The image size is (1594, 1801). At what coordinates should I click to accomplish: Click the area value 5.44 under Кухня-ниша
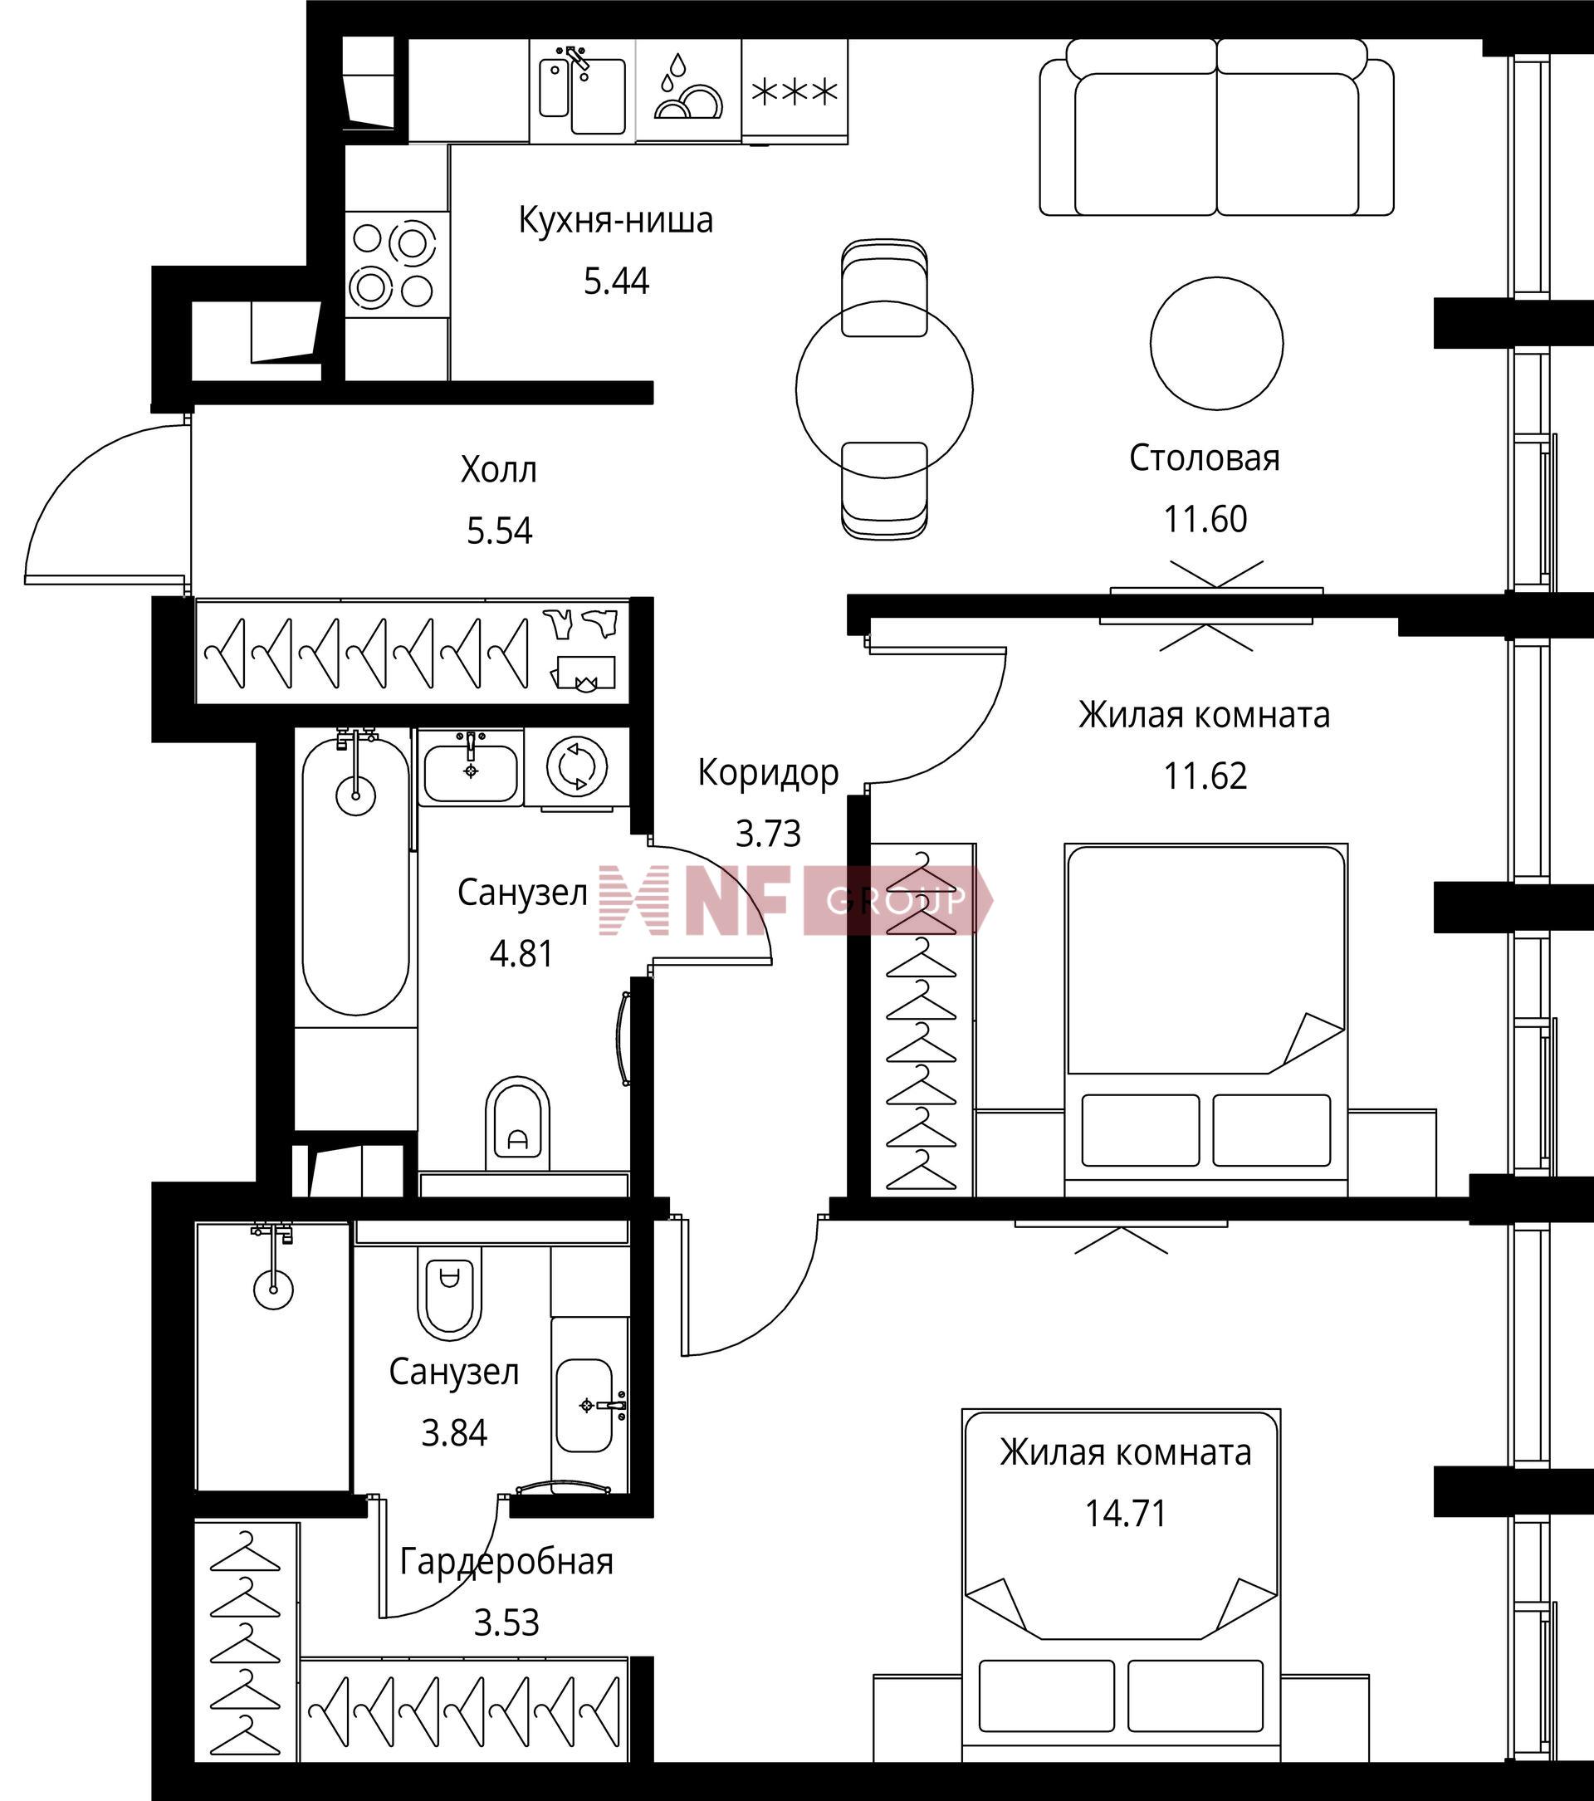point(616,281)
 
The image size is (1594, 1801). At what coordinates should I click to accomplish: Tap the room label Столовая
point(1205,458)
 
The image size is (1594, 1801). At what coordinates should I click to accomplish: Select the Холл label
point(499,470)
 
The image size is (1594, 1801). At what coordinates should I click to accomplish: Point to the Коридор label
point(769,773)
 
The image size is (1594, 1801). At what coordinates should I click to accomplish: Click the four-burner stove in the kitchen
point(397,264)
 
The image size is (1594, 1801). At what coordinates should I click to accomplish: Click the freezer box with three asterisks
point(795,91)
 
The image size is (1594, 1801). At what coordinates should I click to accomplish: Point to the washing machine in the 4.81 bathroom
point(577,766)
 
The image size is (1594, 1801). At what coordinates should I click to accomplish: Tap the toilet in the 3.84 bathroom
point(450,1296)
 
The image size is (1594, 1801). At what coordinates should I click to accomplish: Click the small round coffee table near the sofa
point(1216,343)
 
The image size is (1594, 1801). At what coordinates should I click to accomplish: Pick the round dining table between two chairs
point(885,389)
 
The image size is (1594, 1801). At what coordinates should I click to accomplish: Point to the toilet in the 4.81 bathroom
point(518,1125)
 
